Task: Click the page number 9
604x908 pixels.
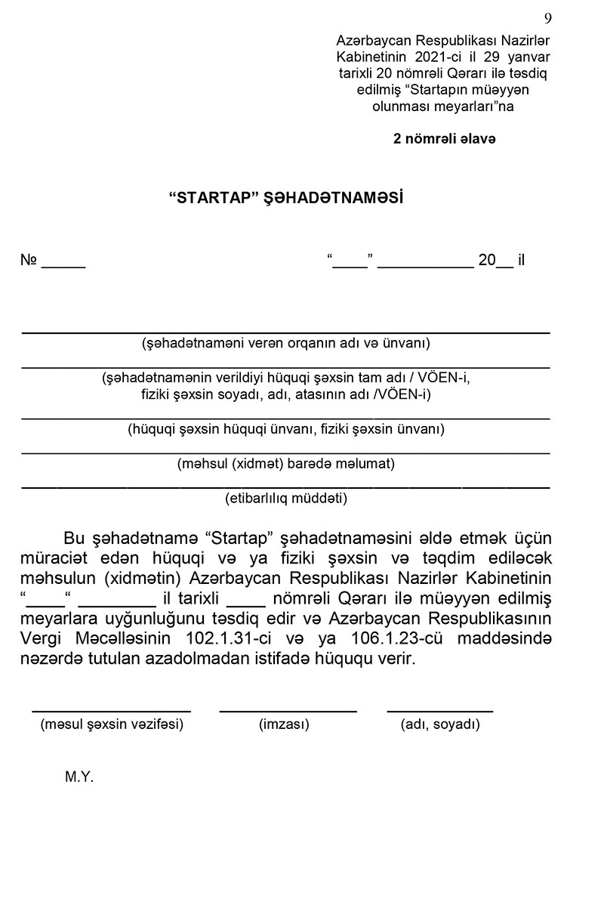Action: point(547,18)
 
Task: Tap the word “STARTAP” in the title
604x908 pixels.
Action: point(214,199)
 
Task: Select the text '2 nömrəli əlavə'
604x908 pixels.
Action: point(444,139)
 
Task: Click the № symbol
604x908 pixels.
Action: point(29,261)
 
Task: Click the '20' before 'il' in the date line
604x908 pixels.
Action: point(486,261)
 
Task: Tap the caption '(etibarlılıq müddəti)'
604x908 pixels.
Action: point(286,499)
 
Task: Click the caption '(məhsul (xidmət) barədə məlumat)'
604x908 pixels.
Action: point(286,464)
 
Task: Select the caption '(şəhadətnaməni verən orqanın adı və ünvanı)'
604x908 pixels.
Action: point(286,343)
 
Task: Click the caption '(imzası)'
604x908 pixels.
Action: point(284,724)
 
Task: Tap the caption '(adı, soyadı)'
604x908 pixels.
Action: point(440,724)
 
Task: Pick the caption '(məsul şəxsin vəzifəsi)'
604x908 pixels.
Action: point(112,724)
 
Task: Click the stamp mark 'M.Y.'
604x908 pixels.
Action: point(79,777)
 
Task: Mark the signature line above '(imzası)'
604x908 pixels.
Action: point(288,711)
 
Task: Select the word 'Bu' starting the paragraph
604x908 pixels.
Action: point(72,539)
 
